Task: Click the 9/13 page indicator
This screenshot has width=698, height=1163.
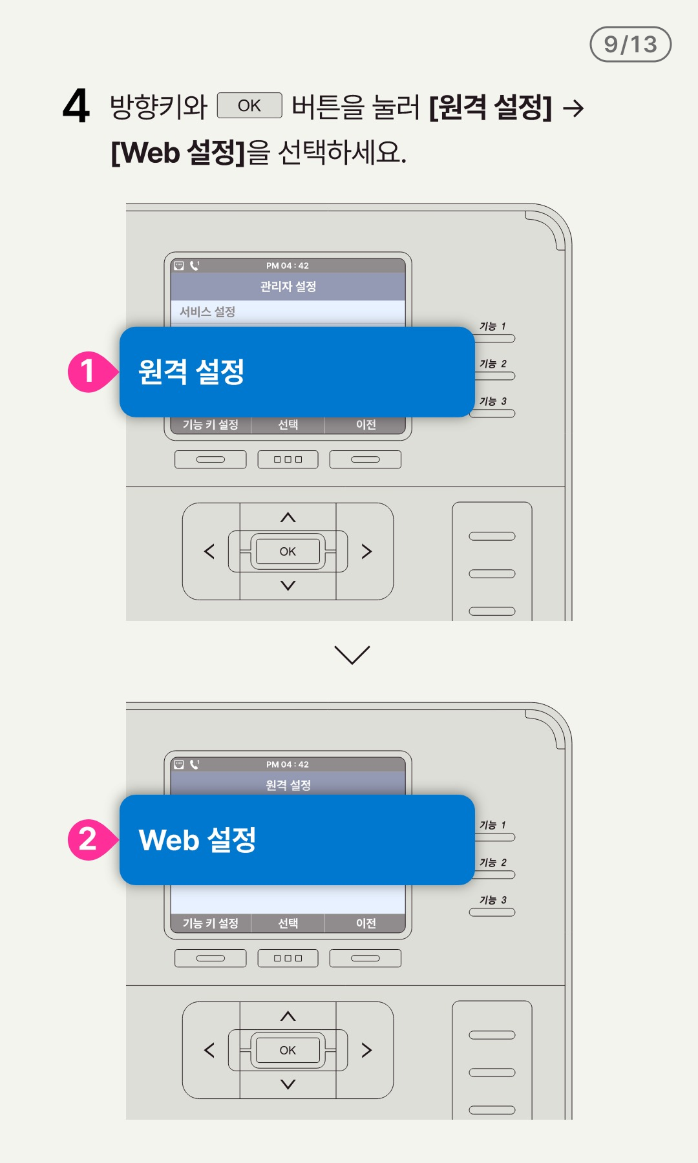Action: coord(630,44)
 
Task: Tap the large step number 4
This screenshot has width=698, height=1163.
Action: coord(76,106)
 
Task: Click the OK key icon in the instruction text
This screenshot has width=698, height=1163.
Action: coord(249,105)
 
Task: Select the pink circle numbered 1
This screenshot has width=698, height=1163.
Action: coord(89,372)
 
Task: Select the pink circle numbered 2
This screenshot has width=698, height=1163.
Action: coord(89,839)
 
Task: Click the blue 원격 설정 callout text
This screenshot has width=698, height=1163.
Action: coord(191,372)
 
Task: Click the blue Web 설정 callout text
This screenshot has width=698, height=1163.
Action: coord(197,840)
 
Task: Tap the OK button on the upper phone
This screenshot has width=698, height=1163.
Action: coord(288,551)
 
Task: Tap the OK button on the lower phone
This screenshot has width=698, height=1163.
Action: coord(288,1050)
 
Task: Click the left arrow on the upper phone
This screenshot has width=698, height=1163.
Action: coord(209,551)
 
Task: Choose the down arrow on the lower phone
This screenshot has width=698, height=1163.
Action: coord(288,1084)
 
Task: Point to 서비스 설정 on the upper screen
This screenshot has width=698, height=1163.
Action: coord(207,311)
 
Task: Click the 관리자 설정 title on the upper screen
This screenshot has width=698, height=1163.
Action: coord(288,286)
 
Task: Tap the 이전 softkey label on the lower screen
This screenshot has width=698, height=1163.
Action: coord(366,923)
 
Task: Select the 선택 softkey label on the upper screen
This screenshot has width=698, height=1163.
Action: coord(288,424)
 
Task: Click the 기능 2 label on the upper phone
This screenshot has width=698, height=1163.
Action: coord(493,364)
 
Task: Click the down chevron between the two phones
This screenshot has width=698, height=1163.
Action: coord(352,655)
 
